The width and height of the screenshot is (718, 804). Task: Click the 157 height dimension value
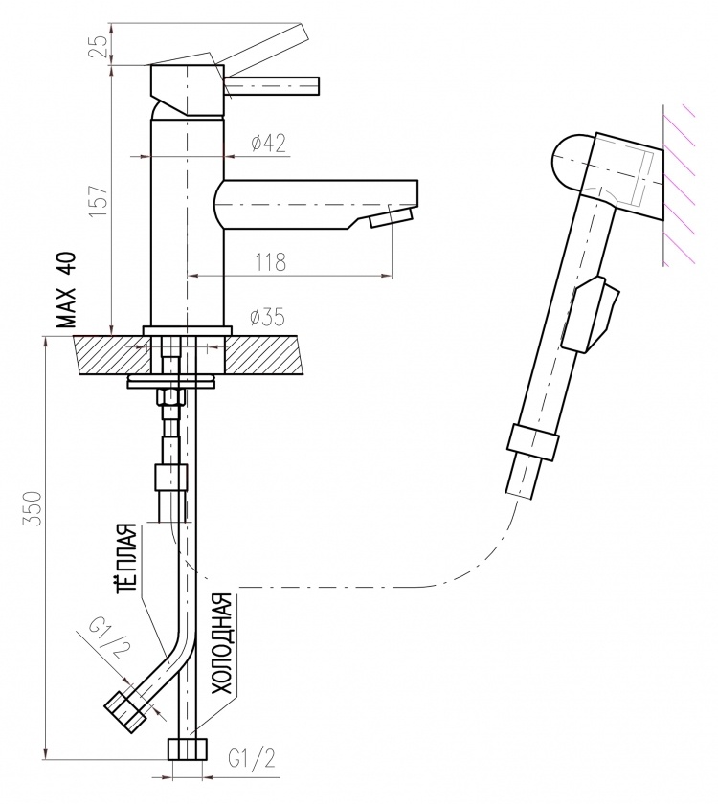pos(99,199)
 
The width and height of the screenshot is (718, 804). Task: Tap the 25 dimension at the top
pos(101,45)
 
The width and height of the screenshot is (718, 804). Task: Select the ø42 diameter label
pos(268,143)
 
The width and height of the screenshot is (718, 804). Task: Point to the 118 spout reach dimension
pos(270,262)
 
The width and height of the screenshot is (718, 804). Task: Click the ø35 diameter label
pos(267,318)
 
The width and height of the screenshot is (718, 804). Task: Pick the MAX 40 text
pos(66,290)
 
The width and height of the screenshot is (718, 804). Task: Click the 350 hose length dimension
pos(33,508)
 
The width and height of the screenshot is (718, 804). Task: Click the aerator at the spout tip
pos(392,217)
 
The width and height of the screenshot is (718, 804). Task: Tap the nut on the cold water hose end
pos(188,749)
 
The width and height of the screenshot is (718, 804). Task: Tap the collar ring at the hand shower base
pos(533,440)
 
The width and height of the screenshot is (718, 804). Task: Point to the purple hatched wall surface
pos(679,185)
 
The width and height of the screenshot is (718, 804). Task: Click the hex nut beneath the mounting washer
pos(170,397)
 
